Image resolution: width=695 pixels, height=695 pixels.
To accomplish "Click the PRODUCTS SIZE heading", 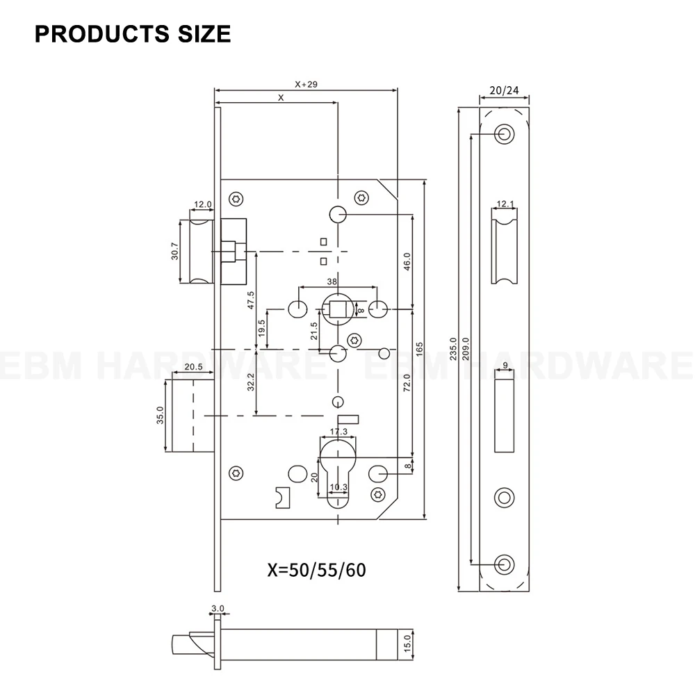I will pos(132,34).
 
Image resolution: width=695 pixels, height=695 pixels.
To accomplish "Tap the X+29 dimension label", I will pos(306,84).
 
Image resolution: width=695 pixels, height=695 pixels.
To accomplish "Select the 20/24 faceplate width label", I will pos(504,90).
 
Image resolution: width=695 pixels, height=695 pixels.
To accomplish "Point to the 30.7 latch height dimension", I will pos(175,251).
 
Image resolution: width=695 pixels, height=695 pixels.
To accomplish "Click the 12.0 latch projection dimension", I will pos(202,204).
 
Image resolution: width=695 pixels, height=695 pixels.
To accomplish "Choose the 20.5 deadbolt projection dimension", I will pos(193,367).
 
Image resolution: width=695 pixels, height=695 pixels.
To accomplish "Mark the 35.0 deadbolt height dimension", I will pos(160,416).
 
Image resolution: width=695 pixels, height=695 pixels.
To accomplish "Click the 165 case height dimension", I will pos(419,348).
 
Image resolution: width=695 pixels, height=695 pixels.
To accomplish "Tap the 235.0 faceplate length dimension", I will pos(452,348).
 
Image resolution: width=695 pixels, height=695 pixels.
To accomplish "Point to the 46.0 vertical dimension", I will pos(407,261).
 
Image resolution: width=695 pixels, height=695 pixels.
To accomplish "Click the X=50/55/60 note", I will pos(316,570).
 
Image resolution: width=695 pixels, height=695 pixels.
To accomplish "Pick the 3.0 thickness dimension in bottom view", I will pos(218,608).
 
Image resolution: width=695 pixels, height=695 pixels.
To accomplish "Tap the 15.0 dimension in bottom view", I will pos(409,641).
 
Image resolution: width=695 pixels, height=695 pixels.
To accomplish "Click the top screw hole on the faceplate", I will pos(504,133).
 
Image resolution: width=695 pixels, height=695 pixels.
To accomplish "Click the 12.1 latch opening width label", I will pos(505,204).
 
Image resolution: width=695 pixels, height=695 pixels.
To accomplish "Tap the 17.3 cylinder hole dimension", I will pos(338,432).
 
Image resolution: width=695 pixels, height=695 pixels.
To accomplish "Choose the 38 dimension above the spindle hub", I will pos(332,282).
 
